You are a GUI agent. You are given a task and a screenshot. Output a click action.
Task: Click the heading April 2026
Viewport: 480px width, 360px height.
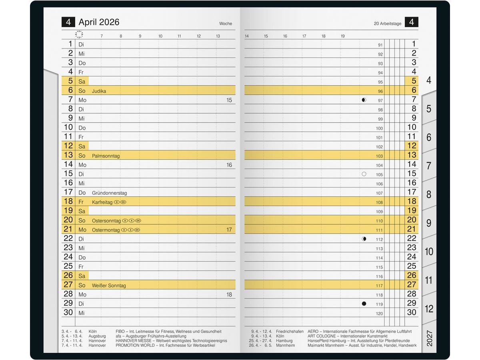click(x=99, y=22)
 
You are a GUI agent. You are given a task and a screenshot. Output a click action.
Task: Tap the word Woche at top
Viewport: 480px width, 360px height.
click(x=226, y=24)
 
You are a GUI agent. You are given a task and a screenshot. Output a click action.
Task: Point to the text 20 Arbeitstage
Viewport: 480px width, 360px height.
click(x=387, y=24)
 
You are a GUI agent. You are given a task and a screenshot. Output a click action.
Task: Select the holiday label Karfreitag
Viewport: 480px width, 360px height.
click(x=102, y=202)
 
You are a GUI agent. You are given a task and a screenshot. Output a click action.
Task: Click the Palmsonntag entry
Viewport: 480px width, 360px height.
click(x=106, y=156)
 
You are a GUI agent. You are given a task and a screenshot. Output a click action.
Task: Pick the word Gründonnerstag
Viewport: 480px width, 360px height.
click(x=109, y=193)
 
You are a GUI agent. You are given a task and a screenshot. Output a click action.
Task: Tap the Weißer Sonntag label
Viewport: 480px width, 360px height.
click(x=109, y=286)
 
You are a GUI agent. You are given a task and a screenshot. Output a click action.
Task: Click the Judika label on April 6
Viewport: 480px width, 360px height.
click(x=99, y=91)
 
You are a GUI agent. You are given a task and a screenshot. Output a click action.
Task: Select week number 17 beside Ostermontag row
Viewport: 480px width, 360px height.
click(x=229, y=230)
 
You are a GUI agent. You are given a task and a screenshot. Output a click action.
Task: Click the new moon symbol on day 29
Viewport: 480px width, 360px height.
click(x=364, y=304)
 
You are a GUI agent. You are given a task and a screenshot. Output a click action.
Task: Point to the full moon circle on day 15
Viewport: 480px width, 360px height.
click(x=364, y=174)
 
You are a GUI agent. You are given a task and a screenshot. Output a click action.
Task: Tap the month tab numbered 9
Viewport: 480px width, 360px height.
click(x=429, y=223)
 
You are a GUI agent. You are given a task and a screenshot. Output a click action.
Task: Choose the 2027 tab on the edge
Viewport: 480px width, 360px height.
click(x=429, y=338)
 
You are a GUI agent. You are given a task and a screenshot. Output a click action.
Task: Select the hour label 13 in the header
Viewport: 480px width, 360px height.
click(x=218, y=36)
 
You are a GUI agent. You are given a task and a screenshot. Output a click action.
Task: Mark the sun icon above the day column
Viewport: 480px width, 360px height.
click(x=79, y=35)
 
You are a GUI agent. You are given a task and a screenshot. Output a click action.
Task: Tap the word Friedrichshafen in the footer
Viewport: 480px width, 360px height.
click(x=290, y=332)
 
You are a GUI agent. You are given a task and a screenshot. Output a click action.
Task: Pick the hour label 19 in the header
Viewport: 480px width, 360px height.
click(x=343, y=36)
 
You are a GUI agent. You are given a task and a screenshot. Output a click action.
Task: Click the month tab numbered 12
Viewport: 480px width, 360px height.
click(x=429, y=309)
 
